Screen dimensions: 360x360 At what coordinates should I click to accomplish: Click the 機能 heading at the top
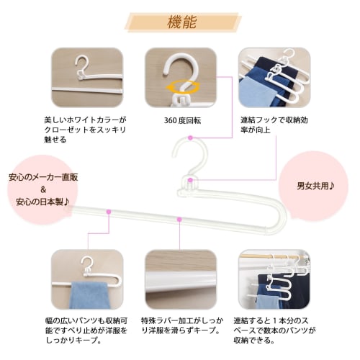click(x=181, y=20)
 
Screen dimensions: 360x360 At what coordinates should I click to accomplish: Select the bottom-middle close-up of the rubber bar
click(x=180, y=280)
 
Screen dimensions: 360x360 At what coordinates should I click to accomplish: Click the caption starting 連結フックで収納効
click(x=272, y=127)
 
